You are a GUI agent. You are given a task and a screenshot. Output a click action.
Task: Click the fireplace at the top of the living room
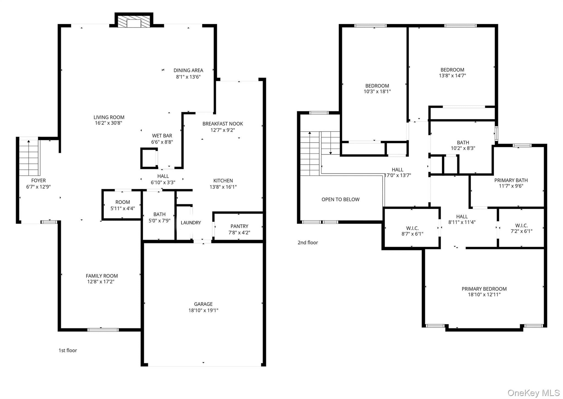coord(134,20)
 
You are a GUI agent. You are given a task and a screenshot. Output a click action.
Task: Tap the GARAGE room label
coord(203,304)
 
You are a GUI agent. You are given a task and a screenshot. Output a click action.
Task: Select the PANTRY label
coord(239,226)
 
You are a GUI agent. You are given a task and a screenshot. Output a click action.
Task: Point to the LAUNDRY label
coord(191,223)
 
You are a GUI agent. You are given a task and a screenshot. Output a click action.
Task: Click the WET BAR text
coord(162,136)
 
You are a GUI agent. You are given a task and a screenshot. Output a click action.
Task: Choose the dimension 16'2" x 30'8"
coord(109,123)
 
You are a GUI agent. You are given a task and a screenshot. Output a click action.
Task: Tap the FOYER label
coord(38,180)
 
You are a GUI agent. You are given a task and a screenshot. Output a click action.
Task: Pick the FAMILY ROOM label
coord(102,276)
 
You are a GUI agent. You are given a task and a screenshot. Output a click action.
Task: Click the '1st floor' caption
coord(68,350)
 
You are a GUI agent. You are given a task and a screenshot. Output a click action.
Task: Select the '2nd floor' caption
coord(308,243)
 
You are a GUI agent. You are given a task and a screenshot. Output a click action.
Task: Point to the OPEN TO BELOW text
coord(340,199)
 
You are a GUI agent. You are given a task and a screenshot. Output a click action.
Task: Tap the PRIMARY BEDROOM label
coord(484,289)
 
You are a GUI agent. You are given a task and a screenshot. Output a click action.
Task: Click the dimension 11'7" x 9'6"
coord(511,186)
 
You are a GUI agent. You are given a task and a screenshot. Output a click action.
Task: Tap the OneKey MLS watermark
coord(534,393)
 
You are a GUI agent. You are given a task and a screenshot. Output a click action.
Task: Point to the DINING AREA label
coord(188,70)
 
